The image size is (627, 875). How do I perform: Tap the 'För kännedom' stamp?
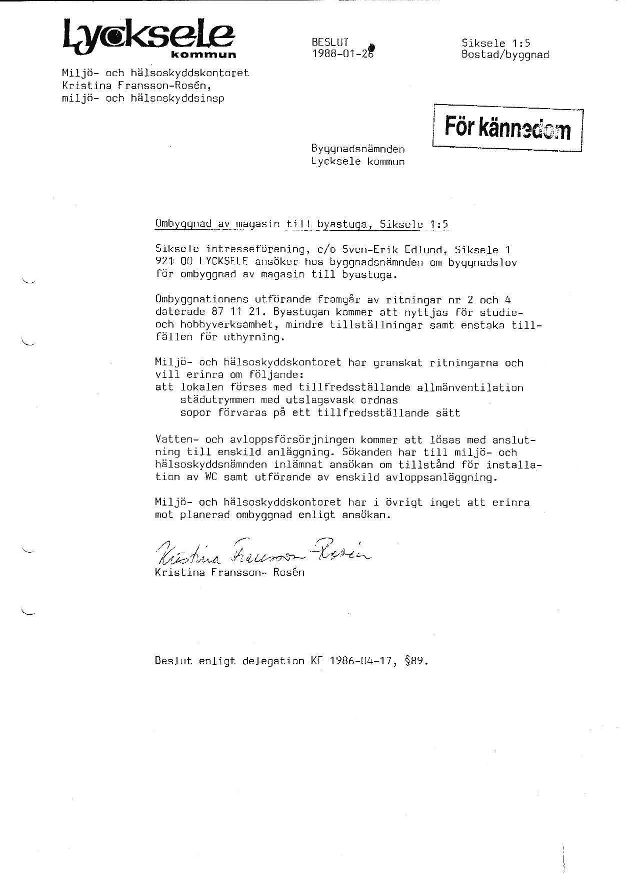point(507,128)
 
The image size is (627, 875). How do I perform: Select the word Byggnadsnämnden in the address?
point(357,149)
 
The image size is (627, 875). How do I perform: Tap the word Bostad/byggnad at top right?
point(505,55)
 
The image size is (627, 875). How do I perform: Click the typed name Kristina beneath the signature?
point(179,573)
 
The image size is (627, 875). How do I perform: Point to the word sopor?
point(195,413)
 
